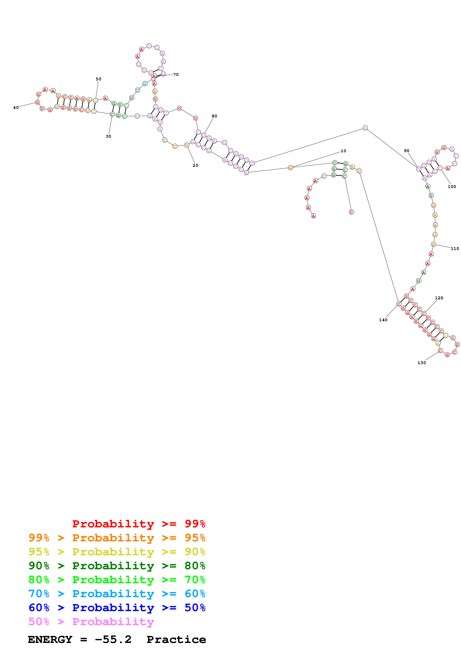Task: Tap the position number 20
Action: [195, 165]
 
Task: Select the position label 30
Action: [108, 136]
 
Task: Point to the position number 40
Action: [16, 108]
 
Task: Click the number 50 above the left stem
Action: [98, 79]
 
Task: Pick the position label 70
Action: [176, 74]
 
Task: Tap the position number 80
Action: [214, 116]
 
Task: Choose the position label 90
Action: [407, 151]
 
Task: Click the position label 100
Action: [452, 187]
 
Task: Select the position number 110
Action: [454, 249]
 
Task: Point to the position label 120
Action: [439, 298]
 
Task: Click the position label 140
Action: [383, 320]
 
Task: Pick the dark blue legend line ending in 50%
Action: [117, 608]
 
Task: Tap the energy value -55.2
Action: [113, 639]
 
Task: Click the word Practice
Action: [176, 639]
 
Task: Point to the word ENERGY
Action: [50, 639]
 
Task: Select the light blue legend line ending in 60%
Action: [117, 594]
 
